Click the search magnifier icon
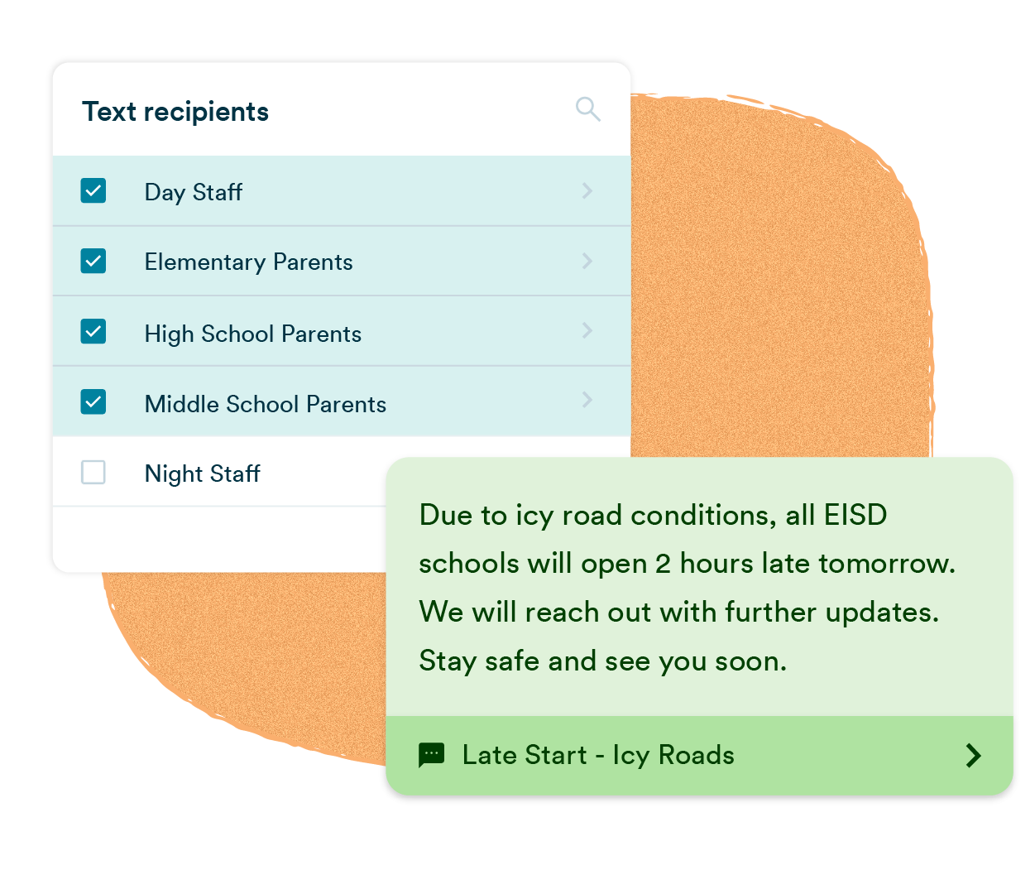click(x=587, y=108)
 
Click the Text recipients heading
click(x=175, y=112)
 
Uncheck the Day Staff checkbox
click(x=93, y=191)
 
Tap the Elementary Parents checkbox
click(x=93, y=262)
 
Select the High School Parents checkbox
click(x=93, y=332)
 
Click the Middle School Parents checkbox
click(x=93, y=402)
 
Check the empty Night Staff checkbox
click(x=93, y=473)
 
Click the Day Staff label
click(x=193, y=193)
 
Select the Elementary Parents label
click(x=248, y=262)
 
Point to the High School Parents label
click(x=252, y=334)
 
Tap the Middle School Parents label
click(x=265, y=404)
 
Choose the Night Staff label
click(x=202, y=474)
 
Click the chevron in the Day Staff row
click(x=587, y=191)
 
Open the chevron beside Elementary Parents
click(x=587, y=262)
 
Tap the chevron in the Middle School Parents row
click(x=587, y=400)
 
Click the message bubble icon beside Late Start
click(x=432, y=755)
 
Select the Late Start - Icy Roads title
click(x=597, y=755)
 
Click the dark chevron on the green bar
click(x=974, y=755)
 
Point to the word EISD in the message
click(x=855, y=515)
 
